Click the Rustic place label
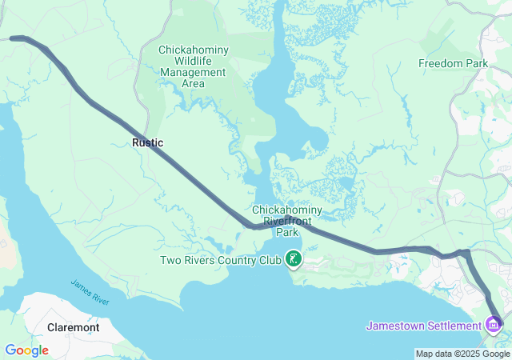[x=147, y=142]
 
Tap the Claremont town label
[x=73, y=328]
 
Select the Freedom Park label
[x=453, y=63]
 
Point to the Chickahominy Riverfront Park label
[x=286, y=221]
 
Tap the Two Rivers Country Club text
[x=220, y=259]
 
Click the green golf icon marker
[x=294, y=258]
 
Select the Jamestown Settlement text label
[x=423, y=326]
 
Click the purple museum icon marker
[x=494, y=325]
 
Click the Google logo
[x=26, y=350]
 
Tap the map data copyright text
[x=462, y=354]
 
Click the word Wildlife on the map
[x=193, y=61]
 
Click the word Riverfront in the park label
[x=286, y=221]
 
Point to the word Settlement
[x=452, y=326]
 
